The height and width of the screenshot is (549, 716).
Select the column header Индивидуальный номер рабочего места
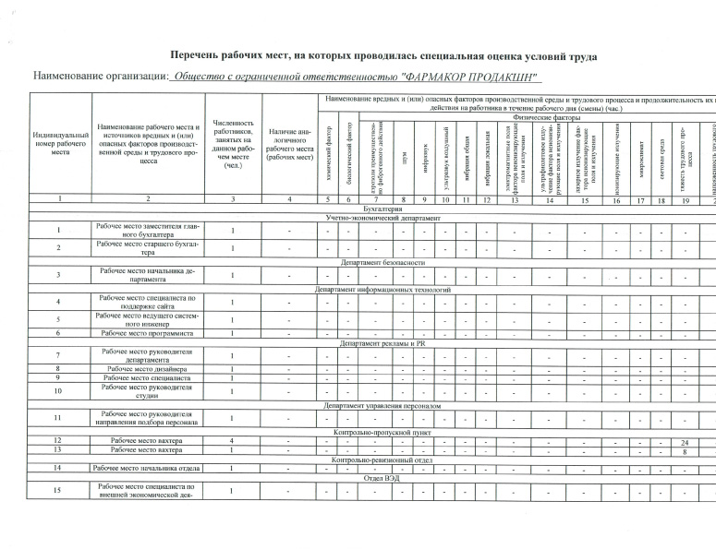point(60,144)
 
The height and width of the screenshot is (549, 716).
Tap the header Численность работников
point(232,144)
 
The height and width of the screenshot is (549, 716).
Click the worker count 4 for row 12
point(232,441)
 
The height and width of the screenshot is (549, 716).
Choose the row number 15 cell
point(60,489)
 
